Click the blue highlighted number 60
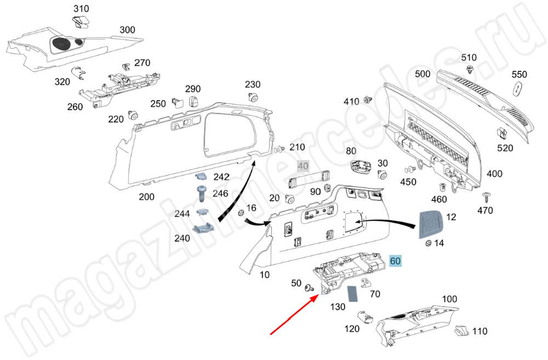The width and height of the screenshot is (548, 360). (x=396, y=261)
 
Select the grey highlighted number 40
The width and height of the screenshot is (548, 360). (x=303, y=166)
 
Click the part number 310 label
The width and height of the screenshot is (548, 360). (x=81, y=9)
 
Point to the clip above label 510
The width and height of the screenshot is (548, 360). (x=470, y=68)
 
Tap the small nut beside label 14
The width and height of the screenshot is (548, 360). (x=426, y=243)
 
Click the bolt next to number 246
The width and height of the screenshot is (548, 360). (x=201, y=193)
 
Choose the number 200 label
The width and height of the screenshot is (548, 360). (x=146, y=197)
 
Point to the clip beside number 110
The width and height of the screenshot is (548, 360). (x=463, y=330)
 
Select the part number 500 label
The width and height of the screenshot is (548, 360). (x=423, y=74)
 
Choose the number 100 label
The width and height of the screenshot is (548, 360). (x=449, y=299)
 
